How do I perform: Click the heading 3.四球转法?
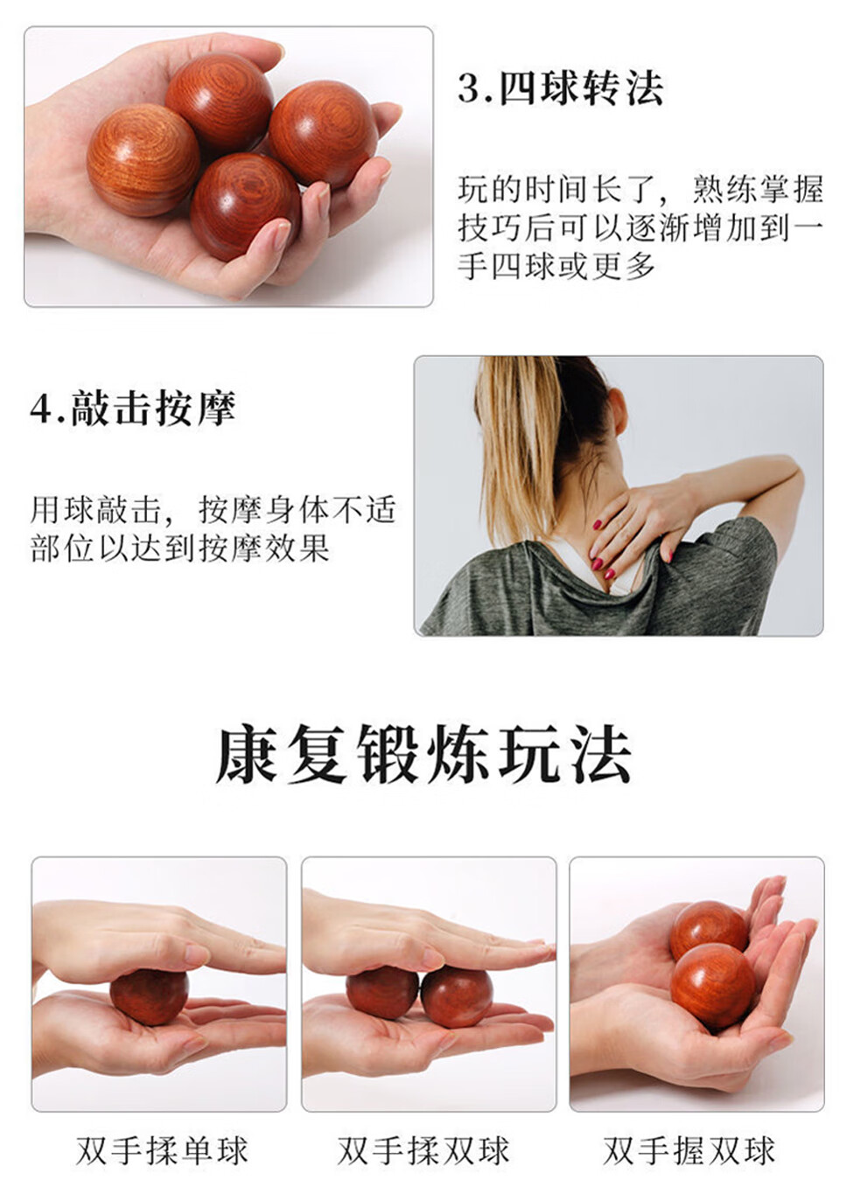pyautogui.click(x=560, y=88)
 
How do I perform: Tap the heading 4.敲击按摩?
pyautogui.click(x=133, y=409)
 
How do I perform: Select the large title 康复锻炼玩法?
pyautogui.click(x=423, y=755)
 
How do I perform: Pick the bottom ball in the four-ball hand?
pyautogui.click(x=245, y=206)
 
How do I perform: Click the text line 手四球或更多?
pyautogui.click(x=556, y=266)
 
